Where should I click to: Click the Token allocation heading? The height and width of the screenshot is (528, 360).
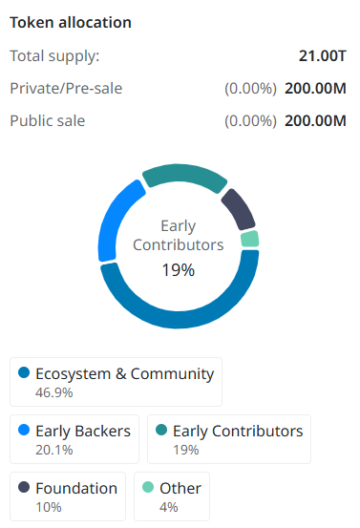tap(71, 22)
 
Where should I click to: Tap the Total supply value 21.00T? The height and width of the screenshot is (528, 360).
tap(323, 55)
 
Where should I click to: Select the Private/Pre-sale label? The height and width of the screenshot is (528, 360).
tap(66, 89)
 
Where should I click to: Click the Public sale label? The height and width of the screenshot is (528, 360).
tap(47, 121)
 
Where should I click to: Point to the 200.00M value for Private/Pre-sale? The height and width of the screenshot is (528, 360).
tap(315, 89)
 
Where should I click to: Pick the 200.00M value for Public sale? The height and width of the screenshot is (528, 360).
tap(315, 121)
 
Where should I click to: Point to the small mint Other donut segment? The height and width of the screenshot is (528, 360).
tap(249, 239)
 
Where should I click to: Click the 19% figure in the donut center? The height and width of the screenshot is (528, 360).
tap(178, 270)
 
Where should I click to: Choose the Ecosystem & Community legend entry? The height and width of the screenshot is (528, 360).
tap(116, 382)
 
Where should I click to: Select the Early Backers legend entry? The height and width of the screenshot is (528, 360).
tap(76, 438)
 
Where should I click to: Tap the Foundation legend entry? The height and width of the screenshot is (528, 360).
tap(69, 496)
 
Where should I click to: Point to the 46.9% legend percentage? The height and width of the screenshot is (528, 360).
tap(54, 392)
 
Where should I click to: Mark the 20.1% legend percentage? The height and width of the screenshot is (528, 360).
tap(53, 449)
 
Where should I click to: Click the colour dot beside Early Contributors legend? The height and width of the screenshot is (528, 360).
tap(161, 431)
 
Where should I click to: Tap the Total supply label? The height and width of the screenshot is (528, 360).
tap(54, 55)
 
